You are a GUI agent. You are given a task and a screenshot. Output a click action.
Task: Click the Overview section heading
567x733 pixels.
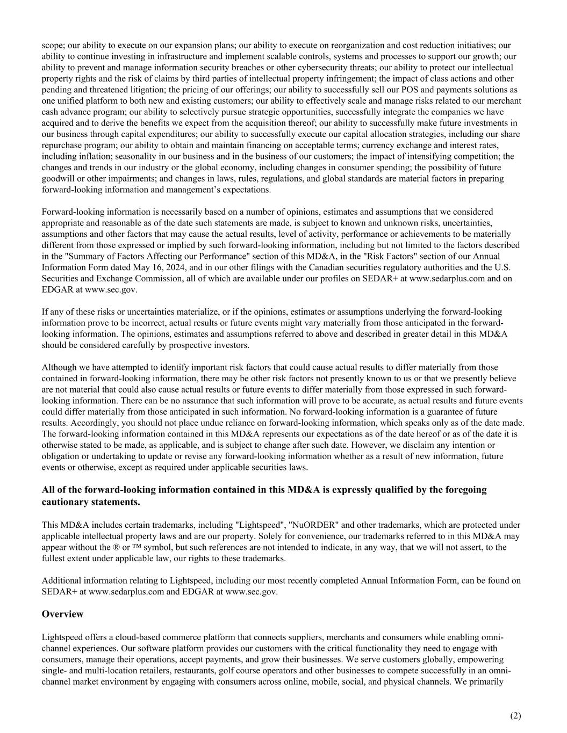(x=62, y=614)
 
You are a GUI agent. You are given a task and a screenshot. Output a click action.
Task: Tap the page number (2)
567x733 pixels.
(x=515, y=715)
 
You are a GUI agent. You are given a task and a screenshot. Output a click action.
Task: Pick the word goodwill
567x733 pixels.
(x=59, y=178)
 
